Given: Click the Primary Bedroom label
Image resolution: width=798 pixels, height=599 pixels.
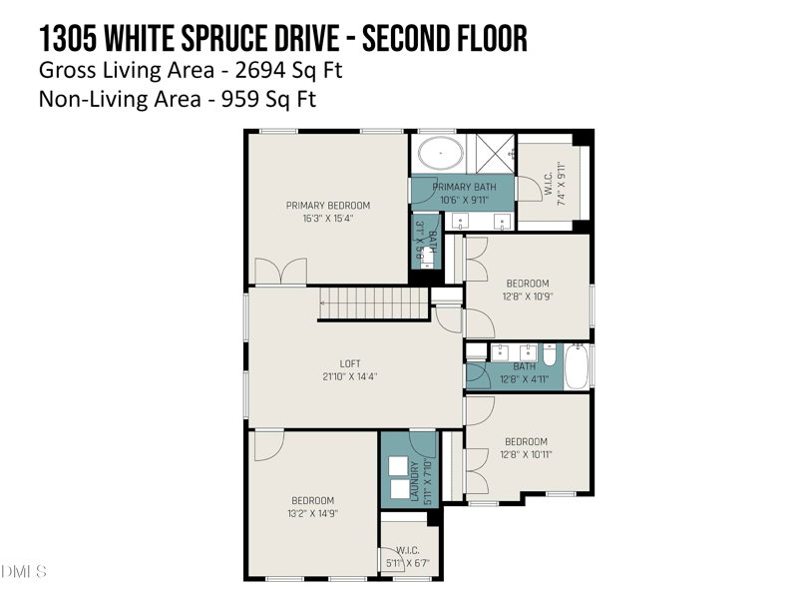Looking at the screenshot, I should [x=327, y=206].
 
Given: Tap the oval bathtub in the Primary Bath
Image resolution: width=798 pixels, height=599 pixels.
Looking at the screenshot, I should [x=439, y=155].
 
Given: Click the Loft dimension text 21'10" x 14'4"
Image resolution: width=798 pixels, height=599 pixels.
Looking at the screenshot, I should [x=349, y=376].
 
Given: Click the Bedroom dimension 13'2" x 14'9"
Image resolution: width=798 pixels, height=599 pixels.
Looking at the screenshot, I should [x=312, y=513].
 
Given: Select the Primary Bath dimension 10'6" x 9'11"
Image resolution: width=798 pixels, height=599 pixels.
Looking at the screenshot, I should [x=463, y=199].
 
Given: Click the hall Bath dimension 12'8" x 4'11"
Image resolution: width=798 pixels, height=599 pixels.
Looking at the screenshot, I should [x=525, y=378].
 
